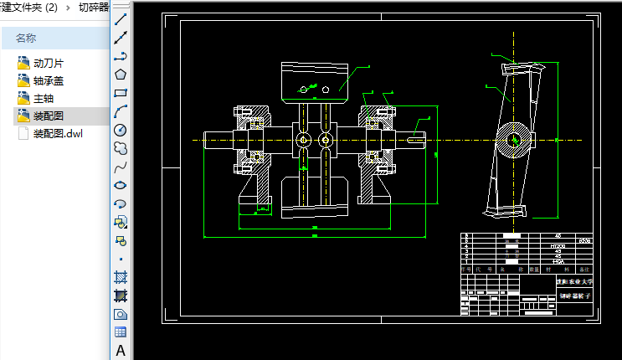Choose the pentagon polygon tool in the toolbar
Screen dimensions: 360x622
[x=121, y=74]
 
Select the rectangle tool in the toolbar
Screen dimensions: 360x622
[x=121, y=92]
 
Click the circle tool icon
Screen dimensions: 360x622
[x=121, y=129]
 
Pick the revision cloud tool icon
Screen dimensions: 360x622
[x=121, y=147]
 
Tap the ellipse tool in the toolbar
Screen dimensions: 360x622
[x=121, y=184]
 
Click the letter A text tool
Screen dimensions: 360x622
[x=121, y=351]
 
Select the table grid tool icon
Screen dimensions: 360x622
[x=121, y=332]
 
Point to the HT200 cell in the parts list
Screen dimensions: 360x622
[x=558, y=246]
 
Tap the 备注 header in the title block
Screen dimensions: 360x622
[x=583, y=270]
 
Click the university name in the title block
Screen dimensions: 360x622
[x=574, y=282]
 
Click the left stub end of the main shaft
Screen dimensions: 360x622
[x=213, y=139]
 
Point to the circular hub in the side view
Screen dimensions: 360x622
[x=512, y=139]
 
